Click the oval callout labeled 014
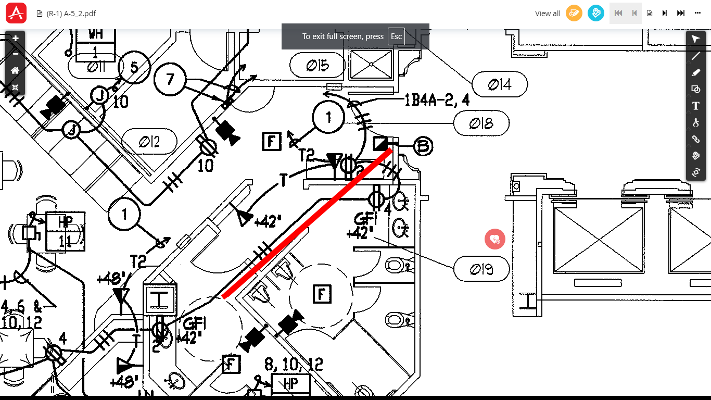500,84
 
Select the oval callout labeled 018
481,123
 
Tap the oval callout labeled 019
481,269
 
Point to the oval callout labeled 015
318,65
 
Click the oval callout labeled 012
149,142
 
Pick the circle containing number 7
170,79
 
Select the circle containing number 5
134,67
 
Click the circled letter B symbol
423,146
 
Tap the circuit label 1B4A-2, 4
437,100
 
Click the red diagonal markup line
307,223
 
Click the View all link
548,14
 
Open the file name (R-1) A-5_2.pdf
71,14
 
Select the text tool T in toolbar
695,106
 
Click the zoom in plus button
16,39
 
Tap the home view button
16,71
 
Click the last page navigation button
680,14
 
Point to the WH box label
95,34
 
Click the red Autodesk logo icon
16,13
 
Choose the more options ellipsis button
697,14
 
